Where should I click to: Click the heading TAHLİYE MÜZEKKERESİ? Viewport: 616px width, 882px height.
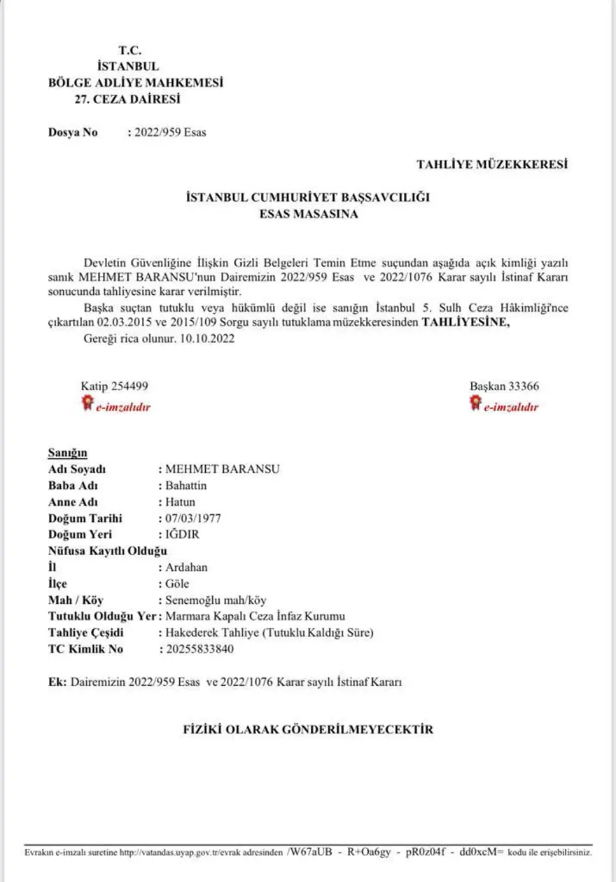[x=492, y=165]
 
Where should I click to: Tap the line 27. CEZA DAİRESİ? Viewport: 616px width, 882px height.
[x=127, y=99]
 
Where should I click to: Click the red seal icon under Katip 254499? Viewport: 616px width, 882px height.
[x=87, y=403]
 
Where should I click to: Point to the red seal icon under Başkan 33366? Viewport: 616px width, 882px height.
[x=475, y=403]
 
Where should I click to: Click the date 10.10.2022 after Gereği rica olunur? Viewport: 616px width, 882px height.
[x=209, y=339]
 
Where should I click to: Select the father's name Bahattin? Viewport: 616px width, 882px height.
[x=186, y=485]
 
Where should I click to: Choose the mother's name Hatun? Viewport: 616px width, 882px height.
[x=181, y=502]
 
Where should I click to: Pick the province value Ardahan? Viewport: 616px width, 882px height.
[x=186, y=567]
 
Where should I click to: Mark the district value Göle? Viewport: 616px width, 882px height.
[x=178, y=584]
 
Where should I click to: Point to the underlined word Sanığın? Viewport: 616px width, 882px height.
[x=68, y=453]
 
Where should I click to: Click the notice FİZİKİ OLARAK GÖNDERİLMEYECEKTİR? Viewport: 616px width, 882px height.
[x=308, y=729]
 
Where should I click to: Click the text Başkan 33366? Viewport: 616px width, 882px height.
[x=504, y=387]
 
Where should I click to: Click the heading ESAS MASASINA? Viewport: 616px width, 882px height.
[x=308, y=214]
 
